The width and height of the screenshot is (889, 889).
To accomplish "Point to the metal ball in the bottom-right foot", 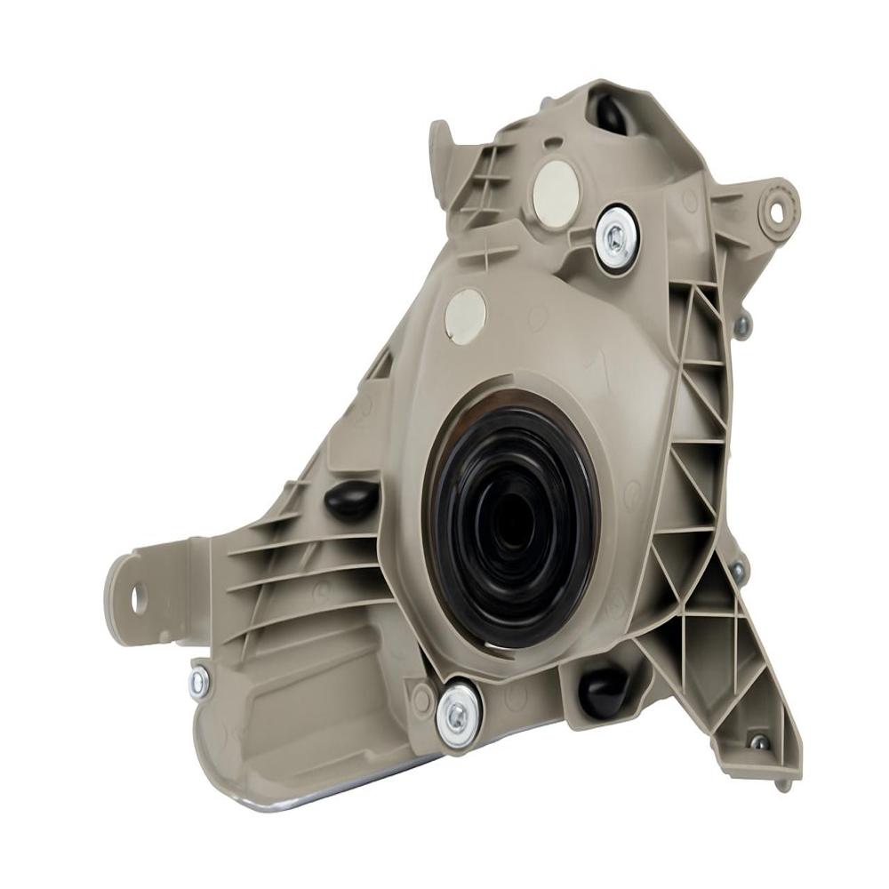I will [757, 741].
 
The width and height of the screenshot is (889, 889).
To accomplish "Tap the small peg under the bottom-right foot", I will [782, 782].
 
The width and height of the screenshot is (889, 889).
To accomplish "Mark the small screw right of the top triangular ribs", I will [741, 327].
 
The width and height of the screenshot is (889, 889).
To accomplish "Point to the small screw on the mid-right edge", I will [738, 570].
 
